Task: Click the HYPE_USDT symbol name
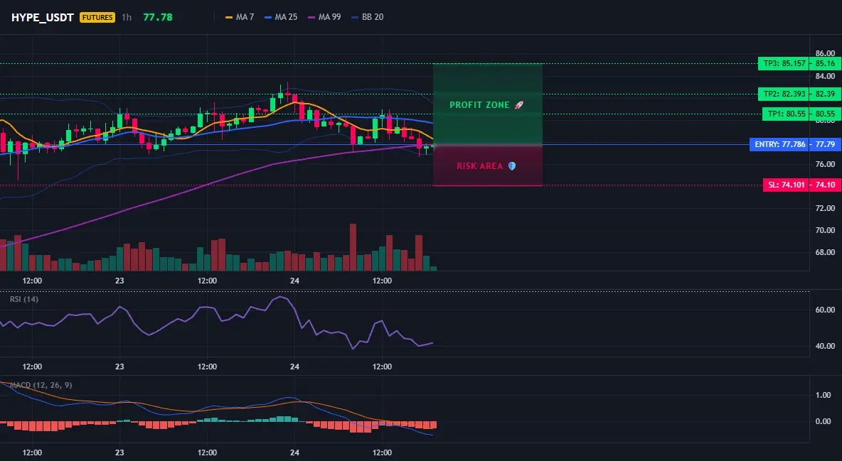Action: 43,17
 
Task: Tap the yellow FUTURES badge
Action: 97,17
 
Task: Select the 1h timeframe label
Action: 126,17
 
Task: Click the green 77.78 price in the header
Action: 158,17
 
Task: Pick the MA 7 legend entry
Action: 240,17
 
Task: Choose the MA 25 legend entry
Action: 281,17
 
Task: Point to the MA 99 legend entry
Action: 324,17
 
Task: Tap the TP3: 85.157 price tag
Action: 784,63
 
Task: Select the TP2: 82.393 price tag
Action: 784,94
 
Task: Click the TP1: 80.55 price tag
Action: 786,114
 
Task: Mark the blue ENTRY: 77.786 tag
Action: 779,144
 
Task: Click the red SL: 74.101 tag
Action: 786,185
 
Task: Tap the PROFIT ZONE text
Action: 479,105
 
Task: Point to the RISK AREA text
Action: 480,166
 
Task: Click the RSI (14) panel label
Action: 24,299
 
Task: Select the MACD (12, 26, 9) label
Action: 41,385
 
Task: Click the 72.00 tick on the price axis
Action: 826,208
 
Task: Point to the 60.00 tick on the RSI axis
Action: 826,310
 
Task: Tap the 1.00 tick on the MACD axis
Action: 824,396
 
